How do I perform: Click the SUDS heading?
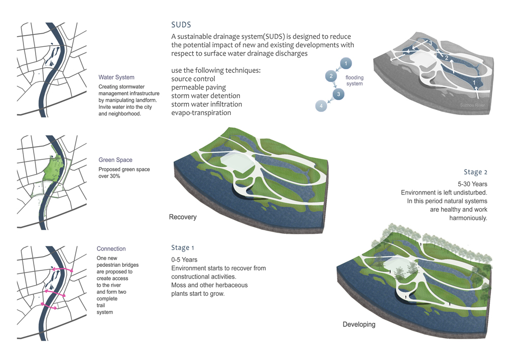[181, 24]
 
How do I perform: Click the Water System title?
[117, 77]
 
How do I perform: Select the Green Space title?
[116, 160]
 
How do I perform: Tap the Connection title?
[111, 249]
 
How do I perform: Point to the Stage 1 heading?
[183, 248]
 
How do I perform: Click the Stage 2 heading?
[475, 172]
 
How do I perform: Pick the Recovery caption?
[183, 217]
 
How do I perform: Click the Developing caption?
[359, 324]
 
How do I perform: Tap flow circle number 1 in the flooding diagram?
[346, 64]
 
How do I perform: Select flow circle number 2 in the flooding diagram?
[331, 76]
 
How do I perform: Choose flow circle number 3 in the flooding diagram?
[338, 94]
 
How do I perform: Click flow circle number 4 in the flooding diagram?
[321, 105]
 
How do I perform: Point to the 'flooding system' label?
[355, 80]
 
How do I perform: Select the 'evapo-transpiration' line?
[201, 113]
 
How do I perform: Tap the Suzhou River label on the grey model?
[473, 105]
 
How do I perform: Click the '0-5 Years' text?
[185, 260]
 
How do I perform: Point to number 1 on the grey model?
[474, 82]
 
